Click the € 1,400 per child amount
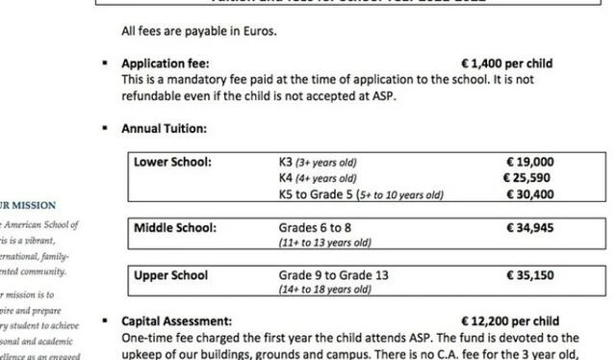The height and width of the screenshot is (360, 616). [x=507, y=64]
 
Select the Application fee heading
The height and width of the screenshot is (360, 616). [x=166, y=64]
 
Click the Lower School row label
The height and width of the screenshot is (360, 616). [x=173, y=162]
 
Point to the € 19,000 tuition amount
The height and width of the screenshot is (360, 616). [x=530, y=162]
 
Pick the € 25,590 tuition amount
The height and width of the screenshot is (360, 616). [x=529, y=178]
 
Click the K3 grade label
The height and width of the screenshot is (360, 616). [x=286, y=162]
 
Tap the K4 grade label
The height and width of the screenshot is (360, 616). [x=286, y=178]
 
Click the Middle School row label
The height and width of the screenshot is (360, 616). [x=175, y=228]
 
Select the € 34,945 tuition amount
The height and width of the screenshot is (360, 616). [x=530, y=228]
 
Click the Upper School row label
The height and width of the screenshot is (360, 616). [x=171, y=275]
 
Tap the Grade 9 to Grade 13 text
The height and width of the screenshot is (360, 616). [x=333, y=275]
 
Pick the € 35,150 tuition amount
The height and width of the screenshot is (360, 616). [x=530, y=275]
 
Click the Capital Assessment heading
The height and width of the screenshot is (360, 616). [x=176, y=321]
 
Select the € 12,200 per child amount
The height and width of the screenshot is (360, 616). [x=510, y=321]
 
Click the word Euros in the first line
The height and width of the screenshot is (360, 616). [x=258, y=32]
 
